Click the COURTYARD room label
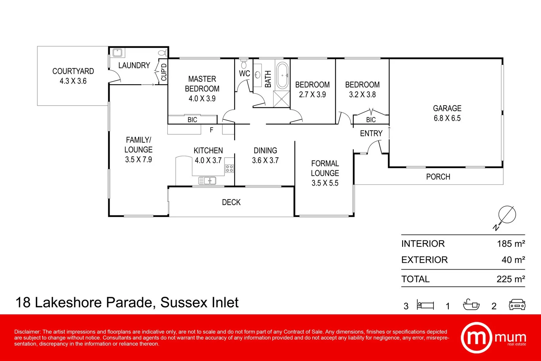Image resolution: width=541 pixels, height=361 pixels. click(x=73, y=71)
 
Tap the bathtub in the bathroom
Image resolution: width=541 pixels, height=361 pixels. click(x=283, y=75)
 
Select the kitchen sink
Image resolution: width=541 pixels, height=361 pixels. click(x=207, y=181)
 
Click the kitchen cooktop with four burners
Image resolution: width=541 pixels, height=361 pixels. click(x=229, y=168)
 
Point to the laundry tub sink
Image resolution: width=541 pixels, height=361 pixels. click(x=117, y=53)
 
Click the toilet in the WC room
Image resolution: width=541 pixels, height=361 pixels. click(x=244, y=64)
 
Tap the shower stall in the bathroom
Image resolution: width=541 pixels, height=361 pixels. click(x=282, y=99)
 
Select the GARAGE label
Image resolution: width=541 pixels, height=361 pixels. click(x=447, y=108)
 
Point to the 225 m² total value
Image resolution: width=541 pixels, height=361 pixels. click(x=511, y=279)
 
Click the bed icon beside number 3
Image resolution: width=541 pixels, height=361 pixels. click(x=425, y=305)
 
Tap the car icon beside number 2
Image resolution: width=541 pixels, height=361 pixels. click(x=517, y=305)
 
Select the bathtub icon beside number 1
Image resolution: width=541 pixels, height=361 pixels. click(x=471, y=305)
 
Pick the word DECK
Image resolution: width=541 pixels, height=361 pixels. click(x=231, y=202)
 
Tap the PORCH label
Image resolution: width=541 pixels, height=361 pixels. click(x=438, y=177)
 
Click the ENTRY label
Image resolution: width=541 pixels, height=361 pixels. click(x=371, y=133)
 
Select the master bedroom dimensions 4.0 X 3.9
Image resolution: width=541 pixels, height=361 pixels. click(x=202, y=99)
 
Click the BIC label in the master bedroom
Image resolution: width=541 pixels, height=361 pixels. click(x=192, y=120)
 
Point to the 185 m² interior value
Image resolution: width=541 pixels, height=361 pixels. click(x=511, y=244)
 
